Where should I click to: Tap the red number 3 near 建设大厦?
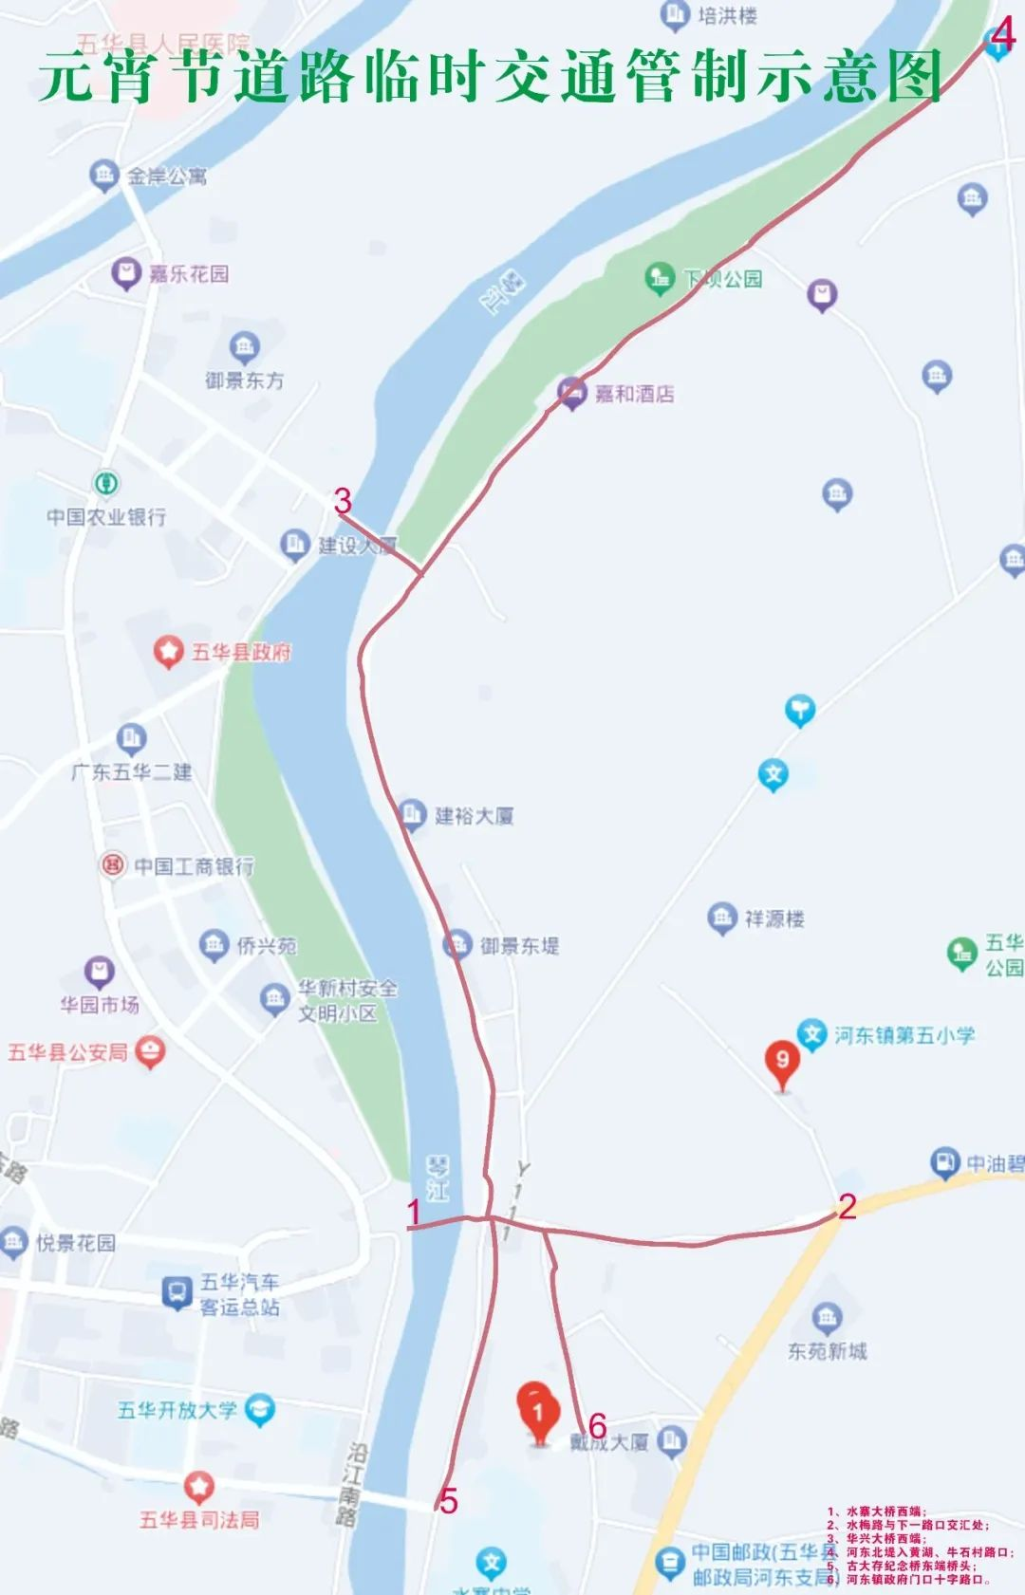[x=343, y=500]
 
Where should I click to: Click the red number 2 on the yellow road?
[x=847, y=1206]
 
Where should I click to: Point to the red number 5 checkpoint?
[x=448, y=1500]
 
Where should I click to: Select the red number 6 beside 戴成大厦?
[x=597, y=1425]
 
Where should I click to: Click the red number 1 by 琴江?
[x=414, y=1212]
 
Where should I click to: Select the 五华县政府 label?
[x=241, y=652]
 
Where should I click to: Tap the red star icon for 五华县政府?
[x=168, y=652]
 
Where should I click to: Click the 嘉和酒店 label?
[x=634, y=394]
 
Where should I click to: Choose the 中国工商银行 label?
[x=194, y=865]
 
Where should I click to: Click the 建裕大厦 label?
[x=474, y=816]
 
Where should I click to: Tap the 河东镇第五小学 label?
[x=904, y=1035]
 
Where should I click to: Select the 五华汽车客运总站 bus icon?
[x=176, y=1292]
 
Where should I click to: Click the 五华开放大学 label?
[x=177, y=1410]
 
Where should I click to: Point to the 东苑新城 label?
[x=827, y=1351]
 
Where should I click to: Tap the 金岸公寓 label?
[x=167, y=176]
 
